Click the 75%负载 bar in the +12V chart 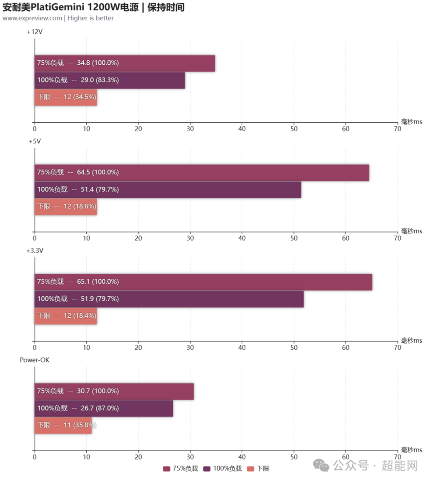pos(125,63)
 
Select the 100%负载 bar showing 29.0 pos(110,80)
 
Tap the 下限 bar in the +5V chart pos(66,207)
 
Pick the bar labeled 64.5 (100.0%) pos(202,173)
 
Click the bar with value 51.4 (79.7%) pos(168,190)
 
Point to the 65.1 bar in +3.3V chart pos(203,282)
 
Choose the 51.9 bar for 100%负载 pos(169,299)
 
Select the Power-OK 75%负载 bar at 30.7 pos(114,391)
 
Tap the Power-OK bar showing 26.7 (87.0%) pos(104,408)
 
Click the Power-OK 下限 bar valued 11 pos(63,425)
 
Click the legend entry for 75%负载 pos(180,469)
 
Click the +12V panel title pos(35,32)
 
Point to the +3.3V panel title pos(35,250)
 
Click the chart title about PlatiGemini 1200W pos(93,8)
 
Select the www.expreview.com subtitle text pos(32,18)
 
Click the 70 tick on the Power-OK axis pos(397,456)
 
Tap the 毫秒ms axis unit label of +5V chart pos(411,231)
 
